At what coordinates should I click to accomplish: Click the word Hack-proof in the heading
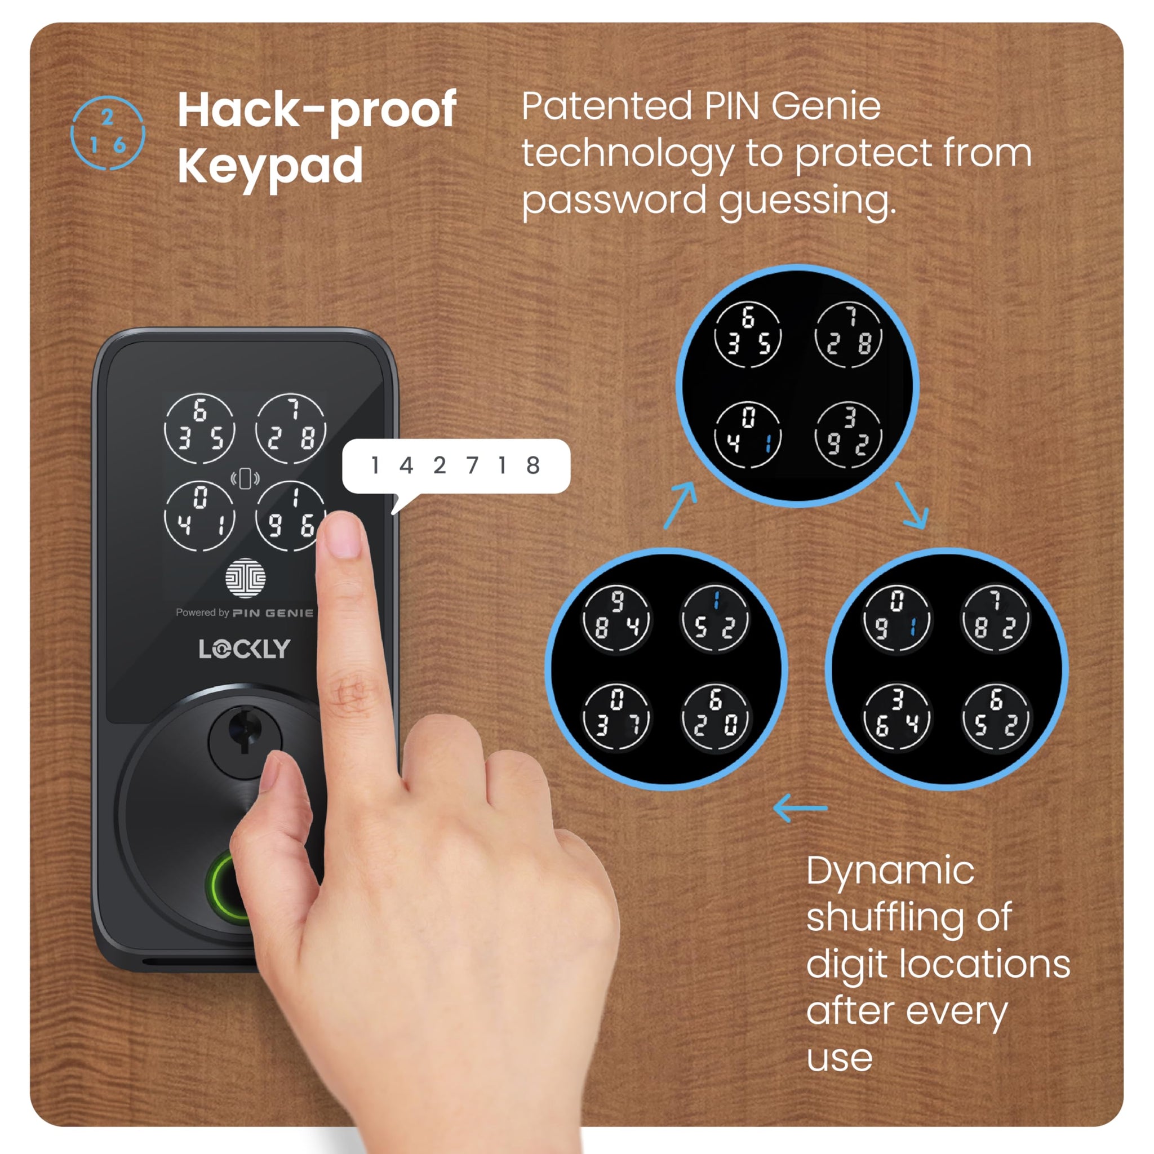317,111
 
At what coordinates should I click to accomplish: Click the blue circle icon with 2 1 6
108,132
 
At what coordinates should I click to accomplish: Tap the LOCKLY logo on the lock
245,649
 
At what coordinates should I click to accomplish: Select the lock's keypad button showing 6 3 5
199,428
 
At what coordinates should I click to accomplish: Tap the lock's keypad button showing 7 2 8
291,428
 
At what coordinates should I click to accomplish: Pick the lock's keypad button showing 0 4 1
199,516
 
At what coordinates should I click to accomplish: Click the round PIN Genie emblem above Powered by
246,578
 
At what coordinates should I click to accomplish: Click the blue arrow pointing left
800,808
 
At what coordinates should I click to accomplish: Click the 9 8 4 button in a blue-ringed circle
617,619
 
